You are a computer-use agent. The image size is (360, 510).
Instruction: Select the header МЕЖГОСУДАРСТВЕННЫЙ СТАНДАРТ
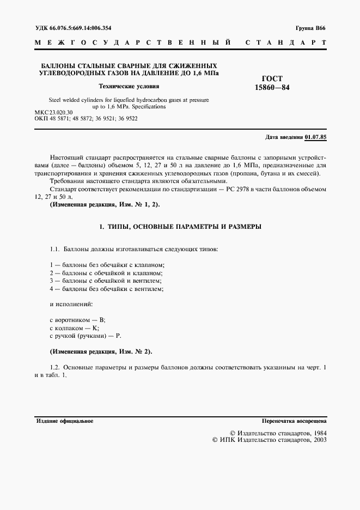click(180, 42)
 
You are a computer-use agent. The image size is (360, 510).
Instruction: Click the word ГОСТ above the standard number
click(272, 78)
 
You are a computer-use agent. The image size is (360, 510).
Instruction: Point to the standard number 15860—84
click(272, 87)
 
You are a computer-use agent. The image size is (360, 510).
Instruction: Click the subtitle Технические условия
click(129, 86)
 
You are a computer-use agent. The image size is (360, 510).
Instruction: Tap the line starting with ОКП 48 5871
click(86, 118)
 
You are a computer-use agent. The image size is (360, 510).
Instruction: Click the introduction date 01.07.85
click(316, 137)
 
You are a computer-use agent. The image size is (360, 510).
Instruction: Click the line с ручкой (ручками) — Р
click(84, 337)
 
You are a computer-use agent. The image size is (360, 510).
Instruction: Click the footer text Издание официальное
click(65, 421)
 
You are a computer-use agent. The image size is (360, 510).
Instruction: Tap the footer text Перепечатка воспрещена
click(294, 421)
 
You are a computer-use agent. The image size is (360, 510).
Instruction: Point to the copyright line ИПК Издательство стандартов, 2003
click(269, 440)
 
